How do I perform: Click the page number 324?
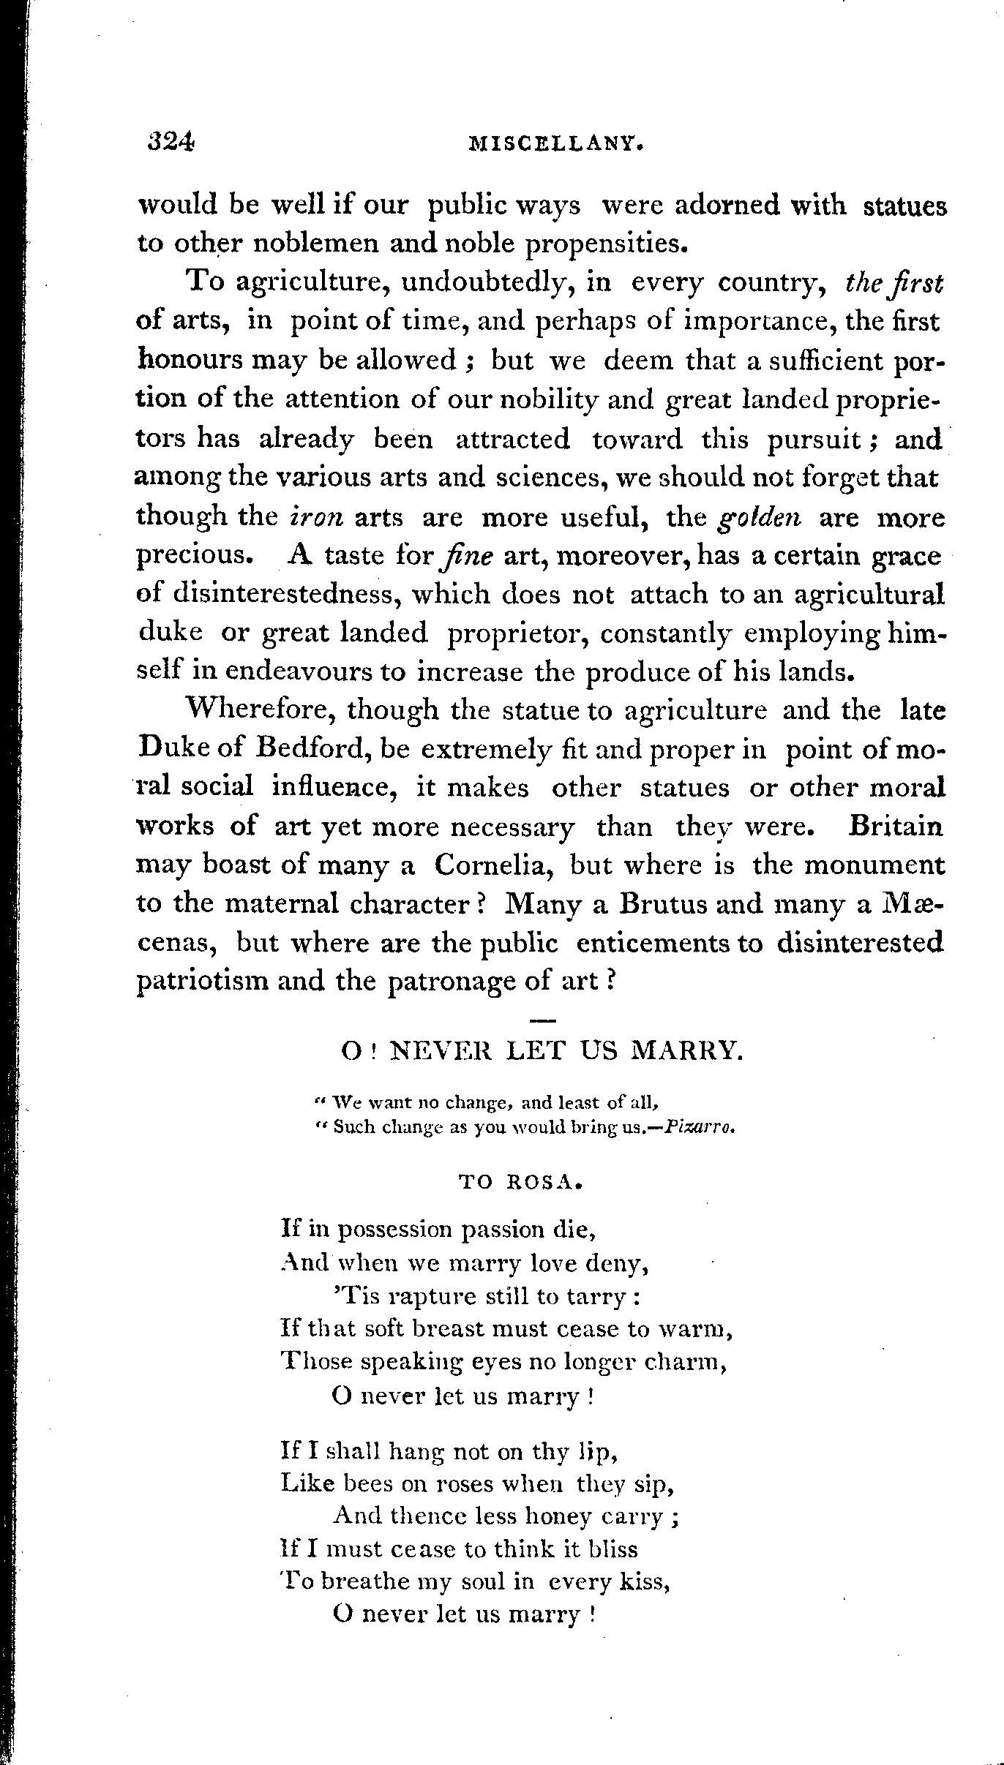170,142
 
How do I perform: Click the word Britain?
895,827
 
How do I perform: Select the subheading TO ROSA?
520,1182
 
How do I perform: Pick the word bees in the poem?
359,1484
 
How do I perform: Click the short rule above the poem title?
542,1018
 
